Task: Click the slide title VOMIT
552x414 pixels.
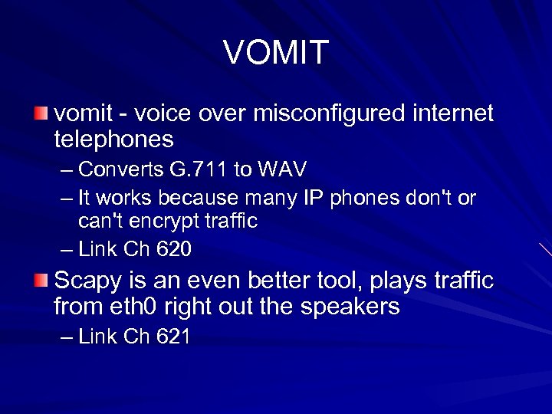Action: [276, 52]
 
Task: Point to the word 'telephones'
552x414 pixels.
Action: [114, 140]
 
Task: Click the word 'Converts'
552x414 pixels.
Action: [114, 168]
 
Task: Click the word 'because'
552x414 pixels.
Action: [195, 199]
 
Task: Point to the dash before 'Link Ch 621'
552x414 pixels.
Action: [67, 337]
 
